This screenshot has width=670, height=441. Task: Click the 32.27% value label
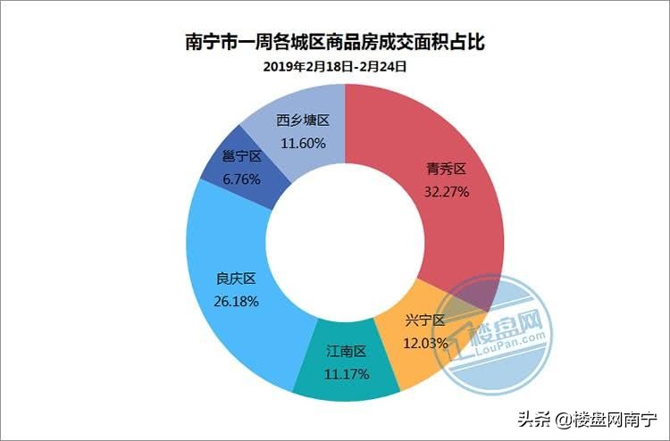[x=446, y=191]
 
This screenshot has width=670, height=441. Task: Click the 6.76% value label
[x=241, y=179]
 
